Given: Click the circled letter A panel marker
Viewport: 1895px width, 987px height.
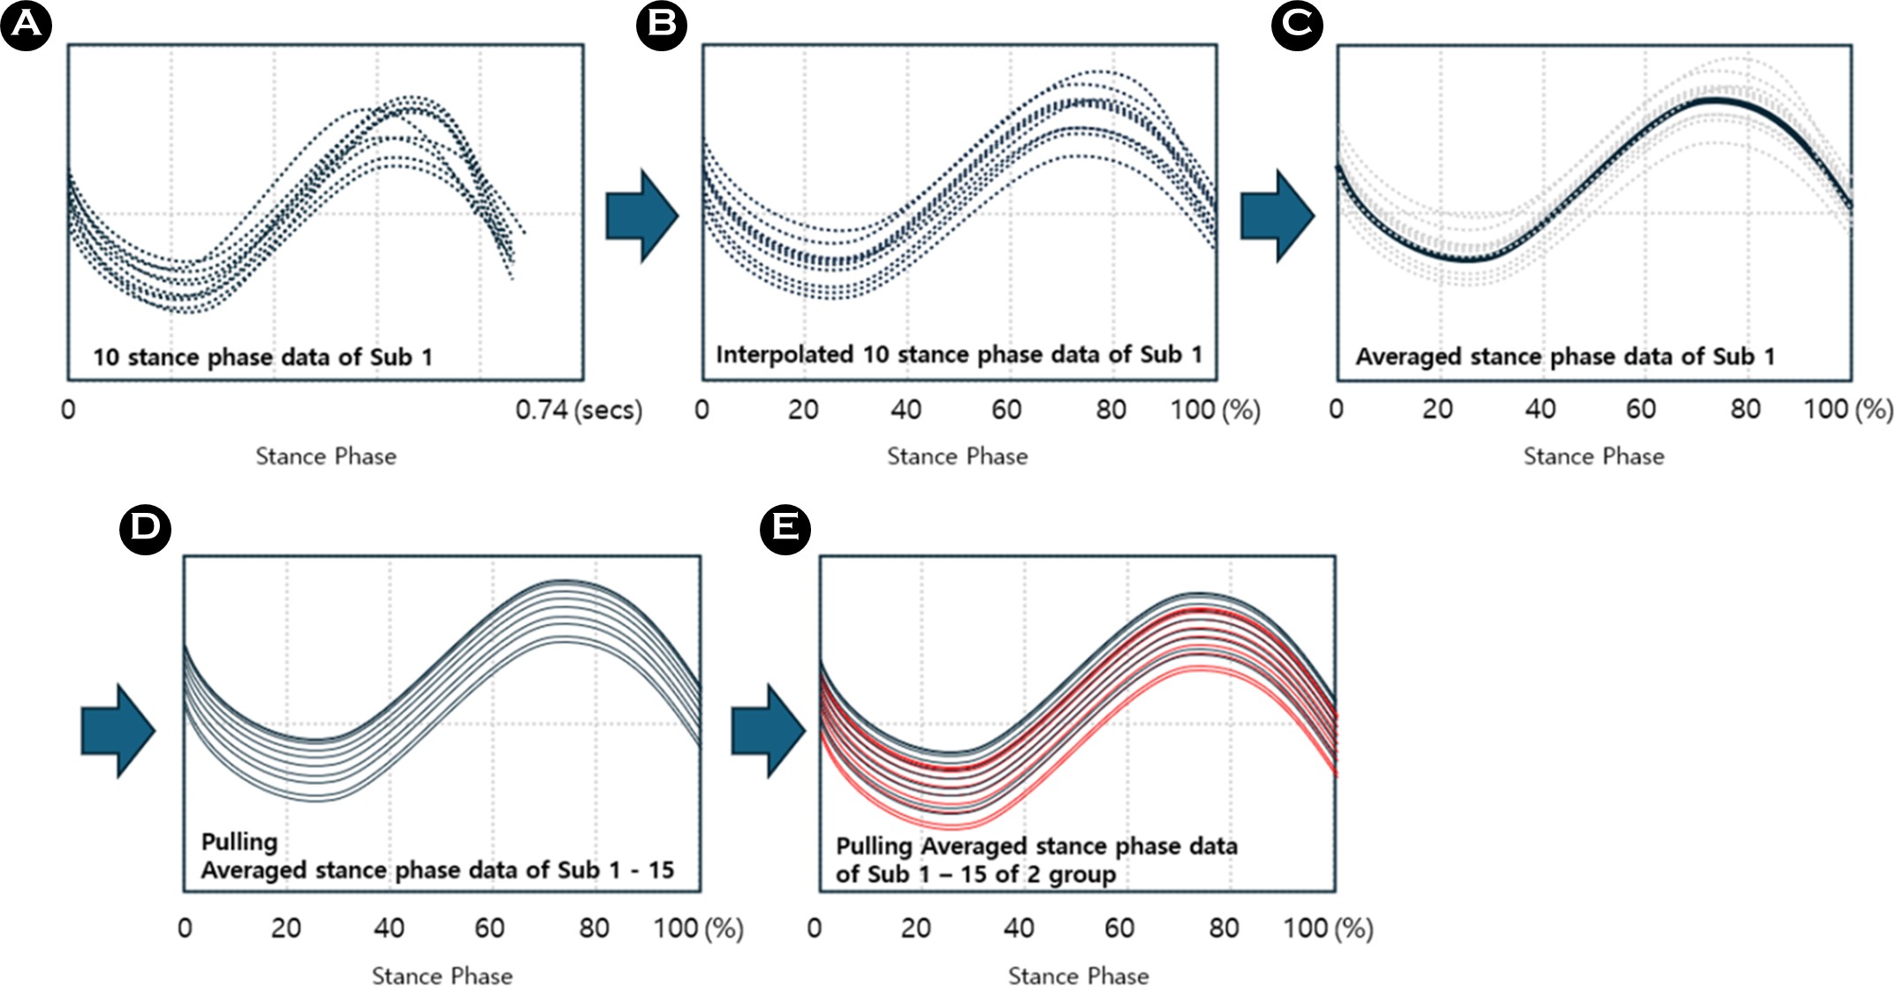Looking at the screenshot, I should (x=26, y=25).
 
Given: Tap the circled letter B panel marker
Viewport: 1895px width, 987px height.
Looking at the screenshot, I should (x=661, y=25).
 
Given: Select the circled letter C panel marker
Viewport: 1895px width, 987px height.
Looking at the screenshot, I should (x=1296, y=25).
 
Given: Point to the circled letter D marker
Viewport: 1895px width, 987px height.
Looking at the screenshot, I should (x=145, y=529).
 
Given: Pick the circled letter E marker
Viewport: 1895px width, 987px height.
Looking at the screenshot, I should (x=785, y=529).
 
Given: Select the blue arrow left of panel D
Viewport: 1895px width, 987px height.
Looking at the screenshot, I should (x=117, y=731).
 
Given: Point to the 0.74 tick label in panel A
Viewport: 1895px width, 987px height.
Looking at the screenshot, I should (x=542, y=410).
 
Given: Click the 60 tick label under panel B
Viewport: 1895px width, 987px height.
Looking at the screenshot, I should (x=1006, y=410).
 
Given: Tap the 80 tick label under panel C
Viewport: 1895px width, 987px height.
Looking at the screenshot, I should (x=1745, y=410).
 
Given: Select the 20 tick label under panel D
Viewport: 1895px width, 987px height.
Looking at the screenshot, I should (x=285, y=928).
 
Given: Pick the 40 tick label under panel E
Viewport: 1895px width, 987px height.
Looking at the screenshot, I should (x=1018, y=928).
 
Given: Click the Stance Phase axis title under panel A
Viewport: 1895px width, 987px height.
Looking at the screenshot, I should (x=326, y=456).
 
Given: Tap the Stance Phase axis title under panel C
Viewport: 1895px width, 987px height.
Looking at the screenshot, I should (x=1593, y=456).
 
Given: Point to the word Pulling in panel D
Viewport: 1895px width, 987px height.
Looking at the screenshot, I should (x=239, y=842).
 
